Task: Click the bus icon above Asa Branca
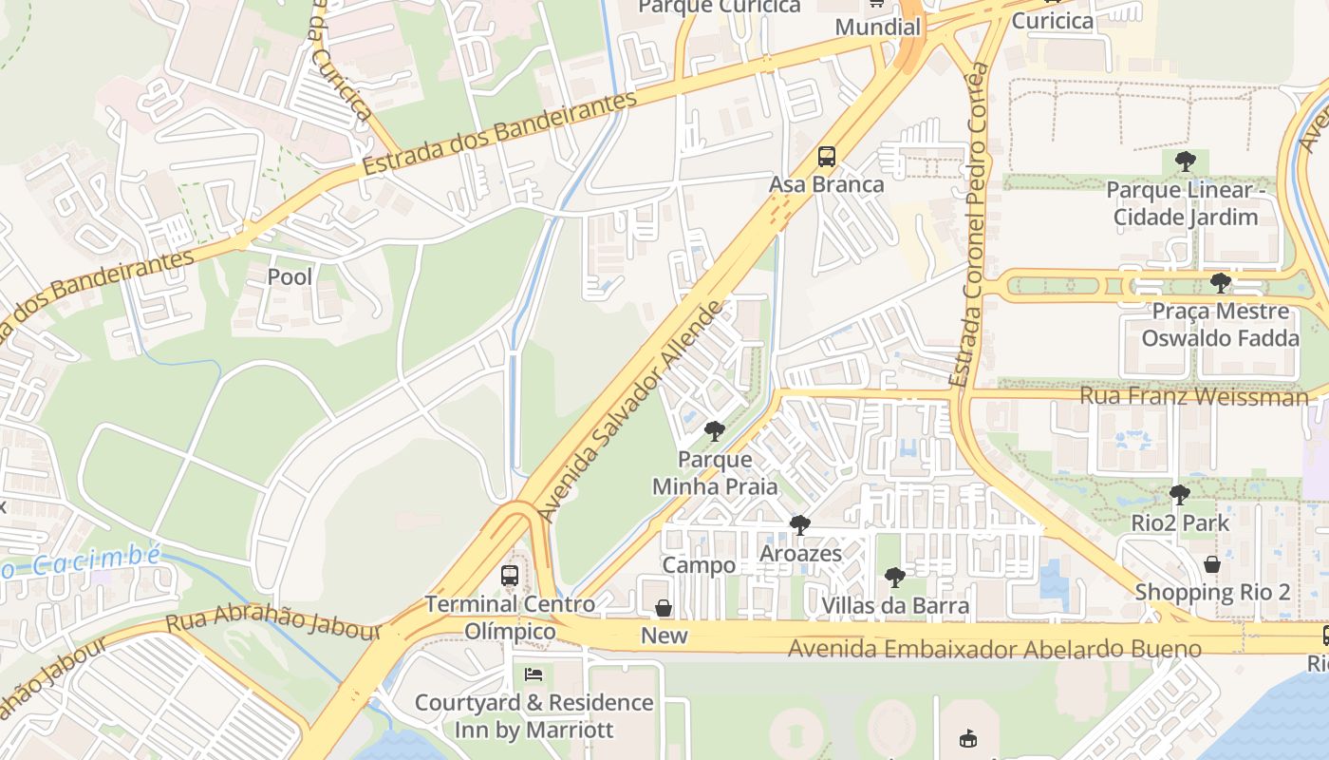(x=827, y=157)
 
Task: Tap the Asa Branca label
(x=826, y=184)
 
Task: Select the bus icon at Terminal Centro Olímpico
(x=510, y=576)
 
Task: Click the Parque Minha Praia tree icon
(x=714, y=432)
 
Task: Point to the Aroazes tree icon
(x=800, y=525)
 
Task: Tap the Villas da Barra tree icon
(x=894, y=577)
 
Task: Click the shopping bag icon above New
(x=664, y=608)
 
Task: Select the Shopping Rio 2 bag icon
(x=1212, y=564)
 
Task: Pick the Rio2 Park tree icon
(x=1179, y=495)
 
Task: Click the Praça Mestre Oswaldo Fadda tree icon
(x=1220, y=283)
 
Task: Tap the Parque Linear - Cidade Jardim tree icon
(x=1185, y=161)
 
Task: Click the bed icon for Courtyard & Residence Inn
(x=533, y=674)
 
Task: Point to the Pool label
(x=290, y=277)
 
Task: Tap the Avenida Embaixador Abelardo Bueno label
(x=995, y=649)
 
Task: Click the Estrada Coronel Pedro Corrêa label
(x=975, y=225)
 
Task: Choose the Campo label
(x=699, y=565)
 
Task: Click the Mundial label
(x=878, y=27)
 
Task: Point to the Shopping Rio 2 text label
(x=1212, y=592)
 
